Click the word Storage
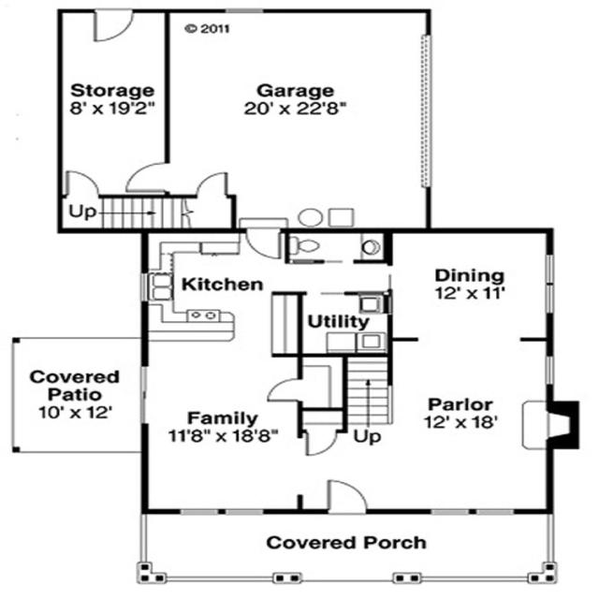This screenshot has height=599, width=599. tap(112, 91)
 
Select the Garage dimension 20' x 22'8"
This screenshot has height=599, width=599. tap(296, 109)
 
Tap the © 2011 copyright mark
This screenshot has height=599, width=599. tap(207, 28)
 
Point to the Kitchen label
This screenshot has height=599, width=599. tap(222, 284)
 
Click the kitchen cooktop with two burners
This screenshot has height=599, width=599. tap(201, 316)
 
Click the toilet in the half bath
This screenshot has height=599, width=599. tap(303, 246)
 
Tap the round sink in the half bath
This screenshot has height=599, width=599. tap(372, 247)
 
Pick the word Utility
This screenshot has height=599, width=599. tap(338, 321)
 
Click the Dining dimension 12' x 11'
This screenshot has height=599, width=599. tap(470, 294)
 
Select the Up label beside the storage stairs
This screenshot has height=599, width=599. tap(82, 212)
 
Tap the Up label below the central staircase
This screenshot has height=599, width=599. tap(368, 436)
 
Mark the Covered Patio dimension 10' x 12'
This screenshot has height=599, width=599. tap(75, 412)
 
